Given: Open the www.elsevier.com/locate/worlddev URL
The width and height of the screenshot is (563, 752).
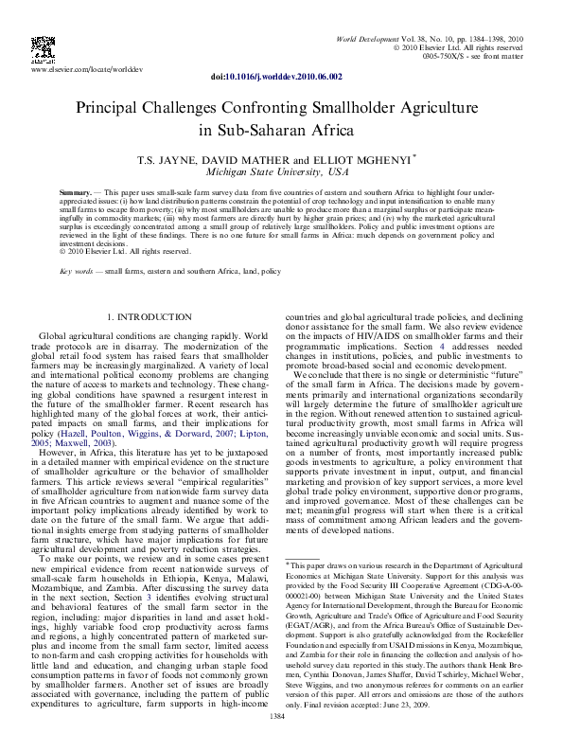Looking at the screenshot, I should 83,70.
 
